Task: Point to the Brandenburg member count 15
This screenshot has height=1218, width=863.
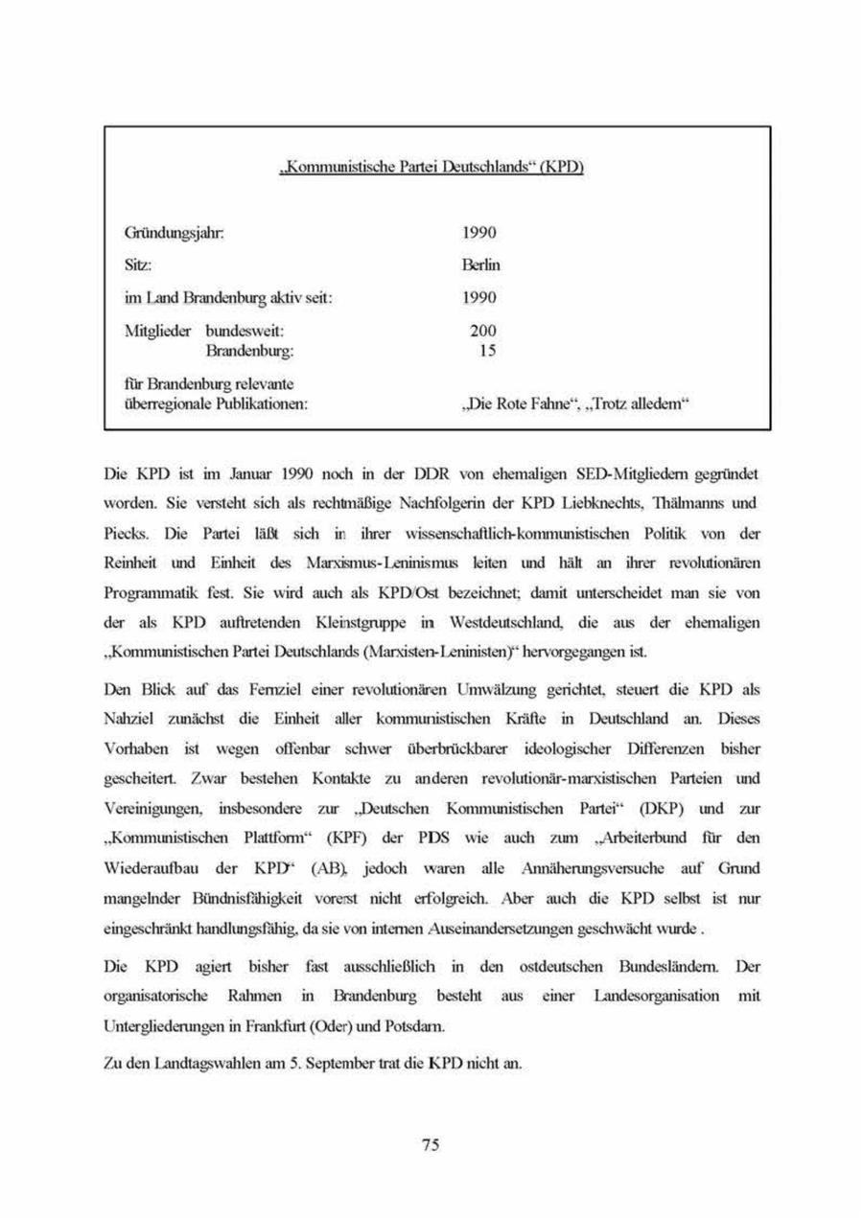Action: click(487, 351)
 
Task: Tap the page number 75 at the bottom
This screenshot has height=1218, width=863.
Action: click(431, 1145)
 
